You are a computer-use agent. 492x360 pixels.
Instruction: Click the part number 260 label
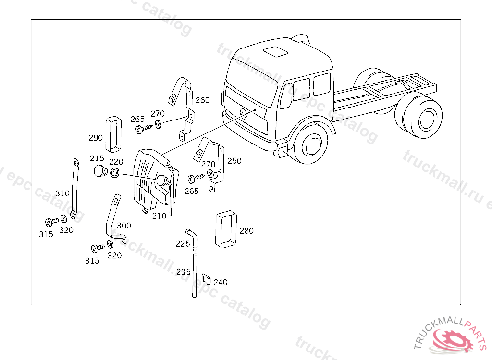(x=202, y=100)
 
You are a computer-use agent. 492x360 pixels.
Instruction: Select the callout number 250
(x=234, y=161)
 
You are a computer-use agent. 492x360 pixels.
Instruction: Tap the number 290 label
(x=96, y=138)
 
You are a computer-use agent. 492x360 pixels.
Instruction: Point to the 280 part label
(x=246, y=231)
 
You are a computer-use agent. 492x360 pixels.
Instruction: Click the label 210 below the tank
(x=159, y=216)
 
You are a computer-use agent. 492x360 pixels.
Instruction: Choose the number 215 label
(x=97, y=158)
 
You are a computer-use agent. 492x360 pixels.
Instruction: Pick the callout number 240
(x=221, y=282)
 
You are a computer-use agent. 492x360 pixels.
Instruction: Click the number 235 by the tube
(x=183, y=272)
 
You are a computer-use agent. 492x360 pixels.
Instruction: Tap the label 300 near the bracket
(x=123, y=225)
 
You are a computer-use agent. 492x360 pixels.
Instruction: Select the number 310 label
(x=62, y=193)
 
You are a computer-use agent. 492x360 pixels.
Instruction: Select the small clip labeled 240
(x=206, y=278)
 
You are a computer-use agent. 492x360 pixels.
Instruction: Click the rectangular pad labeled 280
(x=225, y=229)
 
